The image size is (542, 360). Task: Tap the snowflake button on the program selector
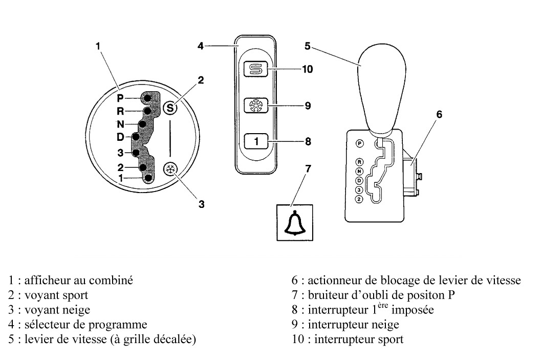[253, 105]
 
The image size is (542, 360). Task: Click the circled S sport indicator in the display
[170, 107]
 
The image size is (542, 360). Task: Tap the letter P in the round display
[120, 98]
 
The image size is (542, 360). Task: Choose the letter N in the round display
[120, 123]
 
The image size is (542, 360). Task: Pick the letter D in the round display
[120, 137]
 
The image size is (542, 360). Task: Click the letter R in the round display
[120, 111]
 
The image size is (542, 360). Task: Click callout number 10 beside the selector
[307, 69]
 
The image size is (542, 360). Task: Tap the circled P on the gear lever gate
[359, 144]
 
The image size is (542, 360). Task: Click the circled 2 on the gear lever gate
[359, 199]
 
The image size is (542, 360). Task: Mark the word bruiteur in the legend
[326, 295]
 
